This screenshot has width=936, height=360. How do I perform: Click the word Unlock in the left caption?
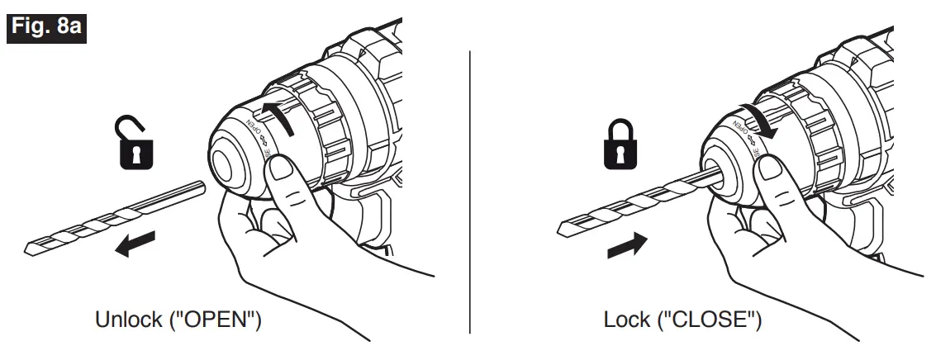point(126,320)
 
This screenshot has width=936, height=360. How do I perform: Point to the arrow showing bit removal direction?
point(137,245)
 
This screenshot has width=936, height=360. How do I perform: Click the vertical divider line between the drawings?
point(470,190)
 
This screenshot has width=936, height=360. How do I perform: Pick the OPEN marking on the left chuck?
point(254,130)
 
